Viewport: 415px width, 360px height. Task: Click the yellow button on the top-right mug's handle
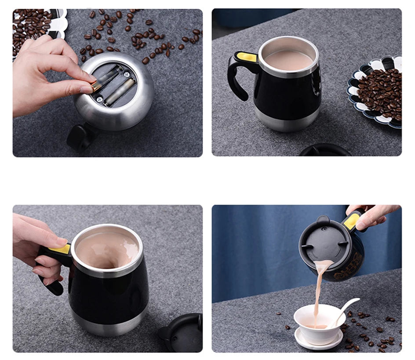coord(246,57)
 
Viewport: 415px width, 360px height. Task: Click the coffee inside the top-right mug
coord(288,60)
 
